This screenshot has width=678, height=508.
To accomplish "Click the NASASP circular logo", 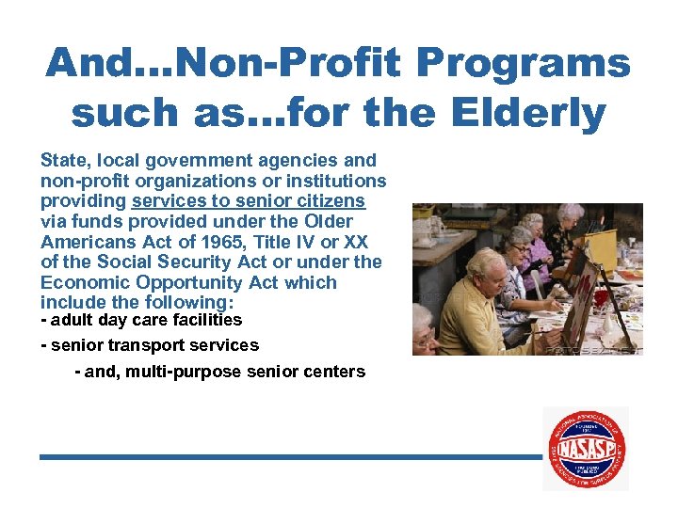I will pyautogui.click(x=586, y=448).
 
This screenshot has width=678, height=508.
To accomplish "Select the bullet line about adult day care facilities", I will pyautogui.click(x=141, y=320).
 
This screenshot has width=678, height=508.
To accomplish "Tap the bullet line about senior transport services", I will pyautogui.click(x=150, y=345).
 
